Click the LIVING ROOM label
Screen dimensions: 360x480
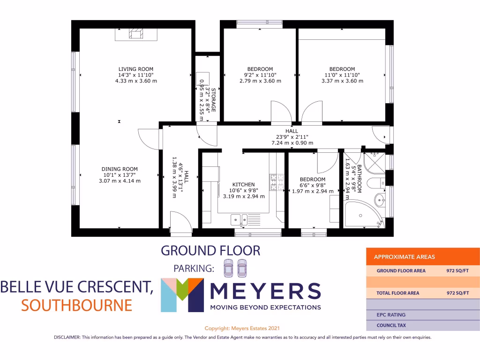(x=135, y=69)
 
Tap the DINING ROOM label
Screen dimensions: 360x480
(x=120, y=169)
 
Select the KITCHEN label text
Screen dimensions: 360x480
(x=244, y=185)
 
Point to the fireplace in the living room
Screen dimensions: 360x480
(x=136, y=34)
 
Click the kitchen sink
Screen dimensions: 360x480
(x=239, y=218)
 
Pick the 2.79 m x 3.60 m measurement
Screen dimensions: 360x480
(x=260, y=81)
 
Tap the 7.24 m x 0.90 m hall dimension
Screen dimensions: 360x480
(x=292, y=143)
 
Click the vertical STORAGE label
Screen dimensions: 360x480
(x=214, y=99)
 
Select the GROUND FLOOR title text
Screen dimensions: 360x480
(x=210, y=250)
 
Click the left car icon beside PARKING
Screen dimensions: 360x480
(x=228, y=269)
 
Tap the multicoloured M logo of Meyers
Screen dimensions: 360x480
(x=182, y=295)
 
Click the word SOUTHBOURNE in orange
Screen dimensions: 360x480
(x=76, y=306)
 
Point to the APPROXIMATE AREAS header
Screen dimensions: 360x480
(x=404, y=257)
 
